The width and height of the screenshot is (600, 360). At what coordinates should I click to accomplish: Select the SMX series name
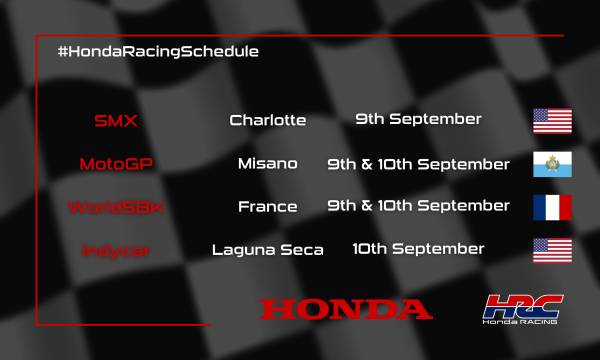[x=116, y=121]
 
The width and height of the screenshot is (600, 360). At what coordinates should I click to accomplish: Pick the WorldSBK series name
[x=116, y=207]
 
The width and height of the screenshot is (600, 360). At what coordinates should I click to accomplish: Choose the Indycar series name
[x=116, y=250]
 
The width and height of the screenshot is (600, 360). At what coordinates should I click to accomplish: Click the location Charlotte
[x=267, y=121]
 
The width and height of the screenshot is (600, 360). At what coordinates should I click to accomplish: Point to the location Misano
[x=267, y=164]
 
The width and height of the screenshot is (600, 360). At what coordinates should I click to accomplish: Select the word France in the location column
[x=267, y=207]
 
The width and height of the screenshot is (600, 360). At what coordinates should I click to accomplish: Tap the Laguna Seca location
[x=267, y=250]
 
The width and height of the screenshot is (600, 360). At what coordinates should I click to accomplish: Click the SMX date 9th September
[x=418, y=120]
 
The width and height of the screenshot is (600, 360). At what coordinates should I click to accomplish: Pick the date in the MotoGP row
[x=418, y=164]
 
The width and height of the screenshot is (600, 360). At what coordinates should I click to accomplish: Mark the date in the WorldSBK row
[x=418, y=206]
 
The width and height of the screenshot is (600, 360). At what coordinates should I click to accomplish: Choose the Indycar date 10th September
[x=418, y=248]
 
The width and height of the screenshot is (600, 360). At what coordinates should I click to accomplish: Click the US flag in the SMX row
[x=551, y=121]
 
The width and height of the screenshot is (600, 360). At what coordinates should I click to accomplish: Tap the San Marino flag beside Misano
[x=551, y=164]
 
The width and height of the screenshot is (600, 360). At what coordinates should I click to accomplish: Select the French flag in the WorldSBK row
[x=551, y=207]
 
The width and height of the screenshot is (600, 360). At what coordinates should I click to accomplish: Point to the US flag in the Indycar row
[x=551, y=250]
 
